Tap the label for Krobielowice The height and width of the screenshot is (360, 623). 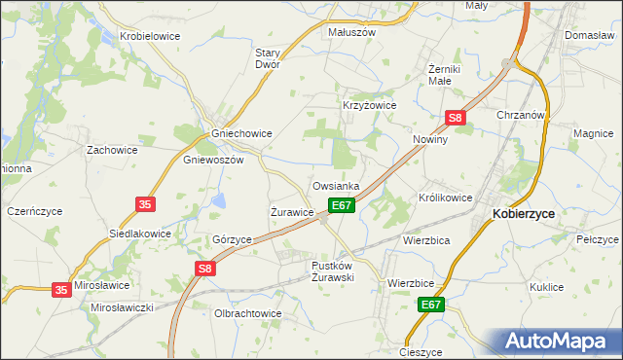(151, 36)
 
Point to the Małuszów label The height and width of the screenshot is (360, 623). (351, 31)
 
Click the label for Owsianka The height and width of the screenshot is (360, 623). (336, 186)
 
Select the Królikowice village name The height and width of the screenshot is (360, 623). (446, 198)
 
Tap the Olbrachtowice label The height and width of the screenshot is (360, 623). (247, 313)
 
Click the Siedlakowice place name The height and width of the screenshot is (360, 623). (139, 234)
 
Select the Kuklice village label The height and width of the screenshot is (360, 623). (547, 287)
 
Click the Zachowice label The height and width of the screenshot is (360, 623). (112, 151)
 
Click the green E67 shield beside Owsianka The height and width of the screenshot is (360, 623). (340, 205)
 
